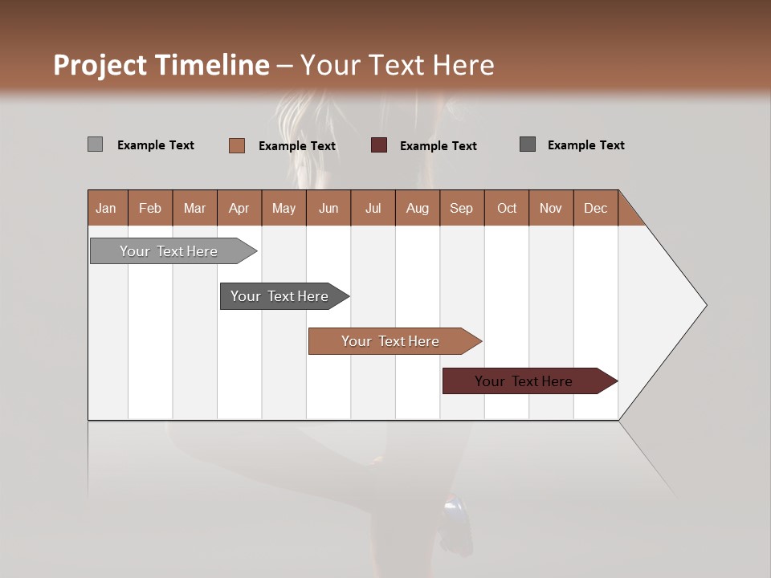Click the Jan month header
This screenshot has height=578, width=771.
107,208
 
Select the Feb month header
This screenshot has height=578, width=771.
150,208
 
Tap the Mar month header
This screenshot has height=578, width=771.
194,208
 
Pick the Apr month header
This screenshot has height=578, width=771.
239,208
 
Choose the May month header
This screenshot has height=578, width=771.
284,208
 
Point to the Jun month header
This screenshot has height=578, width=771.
328,208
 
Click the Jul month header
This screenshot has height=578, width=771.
373,208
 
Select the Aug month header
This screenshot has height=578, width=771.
418,208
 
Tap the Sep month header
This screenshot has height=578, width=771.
462,208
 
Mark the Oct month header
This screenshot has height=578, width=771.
507,208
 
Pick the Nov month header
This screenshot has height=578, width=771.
551,208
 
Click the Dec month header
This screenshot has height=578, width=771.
596,208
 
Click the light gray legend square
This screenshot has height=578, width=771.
95,144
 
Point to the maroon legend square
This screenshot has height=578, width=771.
379,145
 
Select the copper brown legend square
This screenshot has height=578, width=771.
237,145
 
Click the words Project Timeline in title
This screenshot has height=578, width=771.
161,65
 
